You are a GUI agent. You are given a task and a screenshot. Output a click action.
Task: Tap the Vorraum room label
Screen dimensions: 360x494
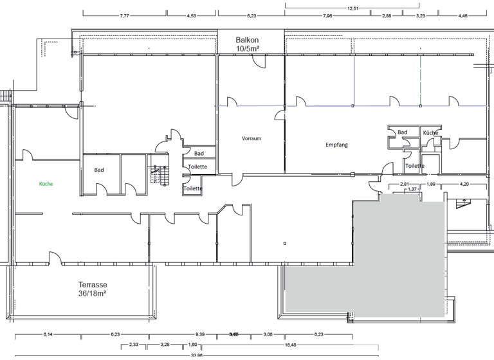(x=251, y=138)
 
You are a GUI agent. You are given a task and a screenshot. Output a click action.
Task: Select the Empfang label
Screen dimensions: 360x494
(x=336, y=145)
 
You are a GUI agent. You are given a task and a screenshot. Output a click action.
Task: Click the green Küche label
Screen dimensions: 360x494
(x=46, y=184)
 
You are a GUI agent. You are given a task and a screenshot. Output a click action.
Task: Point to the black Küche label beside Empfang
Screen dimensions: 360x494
(x=430, y=132)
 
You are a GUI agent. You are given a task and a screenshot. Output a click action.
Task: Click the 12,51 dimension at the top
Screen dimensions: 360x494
(x=352, y=8)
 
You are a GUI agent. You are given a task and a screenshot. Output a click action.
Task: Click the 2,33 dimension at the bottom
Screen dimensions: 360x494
(x=134, y=345)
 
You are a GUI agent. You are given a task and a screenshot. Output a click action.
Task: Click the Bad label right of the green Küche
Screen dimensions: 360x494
(x=99, y=170)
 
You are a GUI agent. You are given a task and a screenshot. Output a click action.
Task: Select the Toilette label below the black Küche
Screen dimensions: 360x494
(x=414, y=166)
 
